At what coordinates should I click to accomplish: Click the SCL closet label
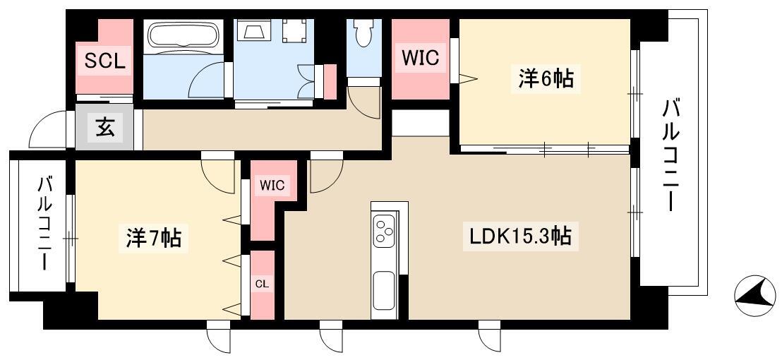(104, 61)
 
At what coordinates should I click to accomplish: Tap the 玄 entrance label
(105, 128)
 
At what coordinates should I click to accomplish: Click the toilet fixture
(363, 32)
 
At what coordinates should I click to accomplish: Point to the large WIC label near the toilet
(420, 59)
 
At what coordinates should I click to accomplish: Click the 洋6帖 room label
(546, 80)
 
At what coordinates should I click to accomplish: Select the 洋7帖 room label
(153, 238)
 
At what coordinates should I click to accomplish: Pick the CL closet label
(262, 284)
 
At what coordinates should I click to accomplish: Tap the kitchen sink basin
(385, 290)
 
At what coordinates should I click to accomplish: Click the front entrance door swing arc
(46, 131)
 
